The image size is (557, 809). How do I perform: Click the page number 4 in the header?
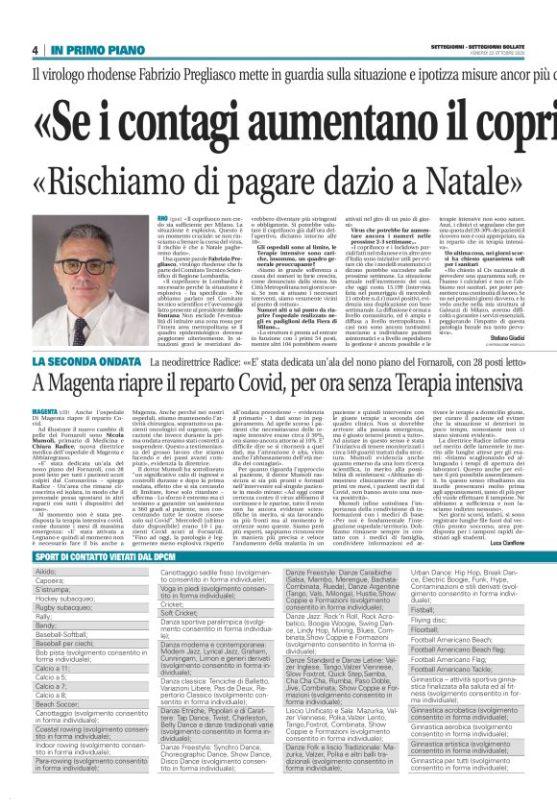tap(36, 50)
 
